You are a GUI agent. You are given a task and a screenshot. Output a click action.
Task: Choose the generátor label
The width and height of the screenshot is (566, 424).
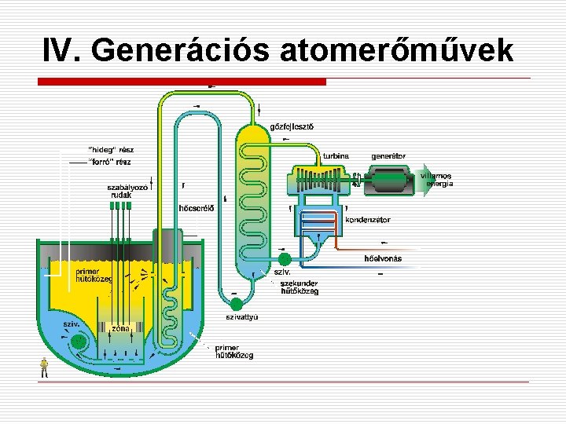pos(388,155)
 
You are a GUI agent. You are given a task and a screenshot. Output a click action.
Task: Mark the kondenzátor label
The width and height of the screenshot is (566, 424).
pos(367,220)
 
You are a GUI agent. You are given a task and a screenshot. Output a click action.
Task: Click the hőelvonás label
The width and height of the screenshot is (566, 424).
pos(383,258)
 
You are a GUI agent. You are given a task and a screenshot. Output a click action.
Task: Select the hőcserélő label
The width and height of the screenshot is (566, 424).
pos(197,208)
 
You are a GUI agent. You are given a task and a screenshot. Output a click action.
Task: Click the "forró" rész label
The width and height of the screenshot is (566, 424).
pos(111,161)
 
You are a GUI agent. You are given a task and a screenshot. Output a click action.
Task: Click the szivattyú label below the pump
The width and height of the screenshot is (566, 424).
pos(242,317)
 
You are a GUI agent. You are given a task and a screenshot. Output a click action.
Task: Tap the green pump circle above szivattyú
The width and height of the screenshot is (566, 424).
pos(235,303)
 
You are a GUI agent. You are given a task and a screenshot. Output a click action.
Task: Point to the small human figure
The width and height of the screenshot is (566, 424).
pos(45,367)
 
